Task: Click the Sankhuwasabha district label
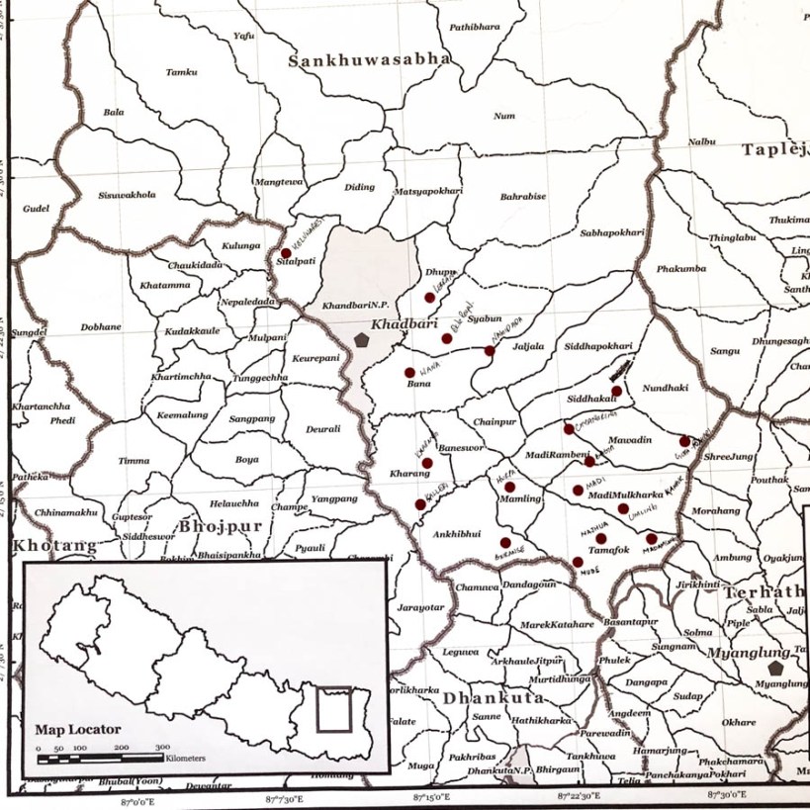pos(369,60)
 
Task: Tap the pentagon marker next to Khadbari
pos(362,339)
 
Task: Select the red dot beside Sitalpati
pos(286,253)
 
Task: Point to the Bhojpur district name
pos(221,526)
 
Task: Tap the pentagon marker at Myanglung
pos(775,669)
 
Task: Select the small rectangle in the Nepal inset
pos(333,709)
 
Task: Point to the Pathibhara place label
pos(477,28)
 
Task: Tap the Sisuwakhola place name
pos(128,195)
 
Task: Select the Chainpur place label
pos(495,421)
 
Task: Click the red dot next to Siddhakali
pos(616,392)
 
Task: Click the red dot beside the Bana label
pos(409,373)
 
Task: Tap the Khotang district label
pos(54,545)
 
